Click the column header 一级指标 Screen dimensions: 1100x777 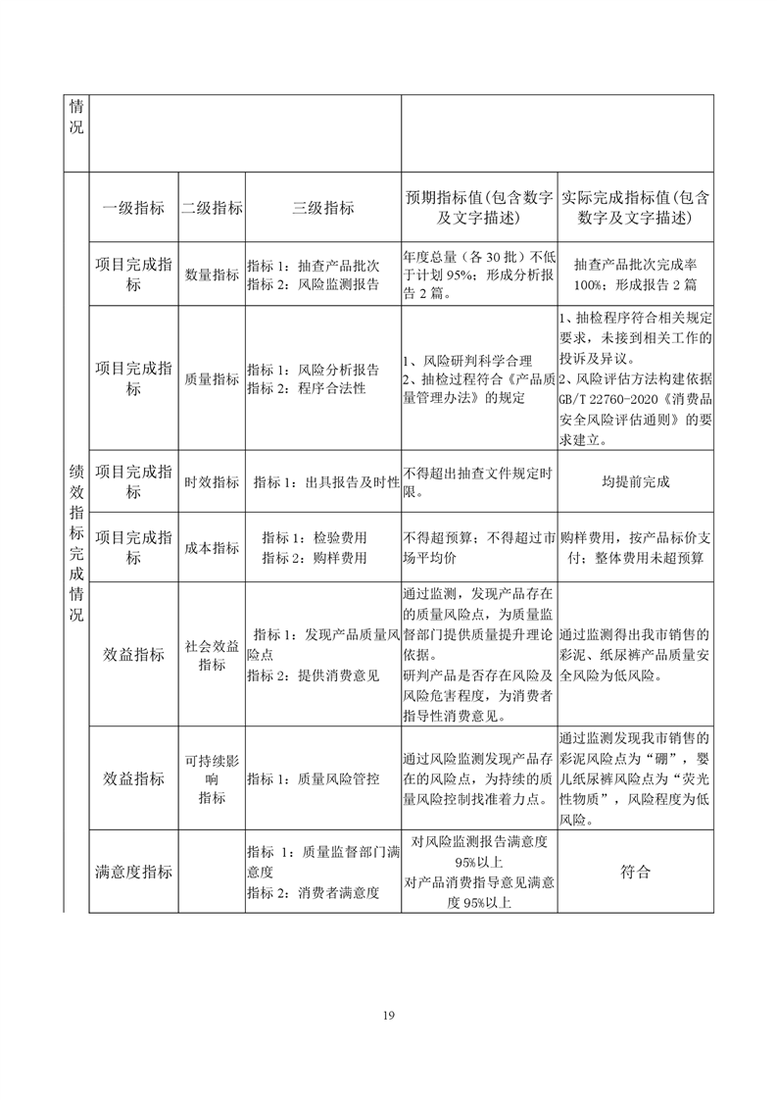tap(133, 208)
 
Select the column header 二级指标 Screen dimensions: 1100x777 tap(212, 208)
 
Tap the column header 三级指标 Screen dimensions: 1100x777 tap(322, 208)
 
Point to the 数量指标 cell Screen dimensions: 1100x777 tap(212, 275)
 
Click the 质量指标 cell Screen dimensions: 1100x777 tap(212, 379)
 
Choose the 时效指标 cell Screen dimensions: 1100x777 tap(212, 482)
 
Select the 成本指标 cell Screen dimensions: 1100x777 tap(212, 548)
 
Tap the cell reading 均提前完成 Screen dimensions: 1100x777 tap(636, 482)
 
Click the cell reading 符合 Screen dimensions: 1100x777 tap(636, 872)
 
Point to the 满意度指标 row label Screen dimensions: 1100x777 tap(133, 872)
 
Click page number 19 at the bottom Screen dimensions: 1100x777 tap(389, 1015)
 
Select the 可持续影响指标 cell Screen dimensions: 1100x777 tap(212, 778)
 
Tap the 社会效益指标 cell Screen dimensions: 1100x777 tap(212, 655)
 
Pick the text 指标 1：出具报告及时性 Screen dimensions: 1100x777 tap(325, 482)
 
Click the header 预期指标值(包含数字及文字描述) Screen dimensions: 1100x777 tap(479, 208)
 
